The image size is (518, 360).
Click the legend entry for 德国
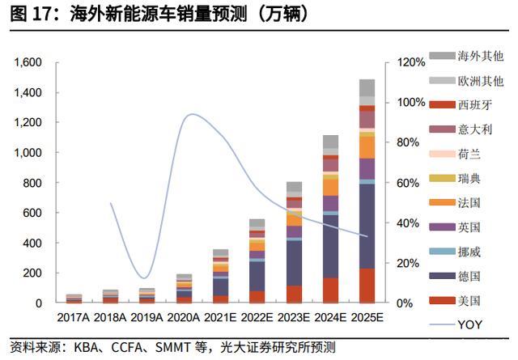click(469, 276)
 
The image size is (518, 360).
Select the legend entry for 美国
click(469, 300)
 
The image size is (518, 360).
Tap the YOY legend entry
click(469, 325)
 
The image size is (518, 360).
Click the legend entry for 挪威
click(469, 252)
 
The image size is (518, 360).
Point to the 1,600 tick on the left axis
click(28, 62)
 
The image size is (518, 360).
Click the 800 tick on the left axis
click(33, 183)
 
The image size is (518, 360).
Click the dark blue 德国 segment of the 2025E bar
click(367, 227)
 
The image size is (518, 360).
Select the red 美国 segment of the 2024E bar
click(330, 290)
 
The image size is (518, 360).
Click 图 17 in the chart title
click(29, 14)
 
